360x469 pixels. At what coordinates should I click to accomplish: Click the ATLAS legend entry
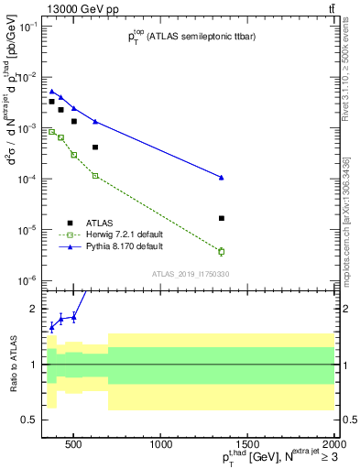(x=100, y=222)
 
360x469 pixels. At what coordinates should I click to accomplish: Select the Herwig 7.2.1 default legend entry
(x=125, y=234)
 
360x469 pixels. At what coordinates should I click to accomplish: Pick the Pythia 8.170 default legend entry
(x=125, y=247)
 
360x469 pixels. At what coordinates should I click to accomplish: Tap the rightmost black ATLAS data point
(x=222, y=218)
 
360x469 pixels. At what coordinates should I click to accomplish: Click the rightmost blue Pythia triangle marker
(x=222, y=177)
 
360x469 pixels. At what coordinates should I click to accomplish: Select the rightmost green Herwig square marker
(x=222, y=251)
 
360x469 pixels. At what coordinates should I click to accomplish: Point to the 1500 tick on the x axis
(x=248, y=446)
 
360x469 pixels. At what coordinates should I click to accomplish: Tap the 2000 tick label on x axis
(x=333, y=446)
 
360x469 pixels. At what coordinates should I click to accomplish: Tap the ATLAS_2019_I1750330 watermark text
(x=191, y=274)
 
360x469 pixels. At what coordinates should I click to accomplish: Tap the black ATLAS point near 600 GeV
(x=95, y=147)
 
